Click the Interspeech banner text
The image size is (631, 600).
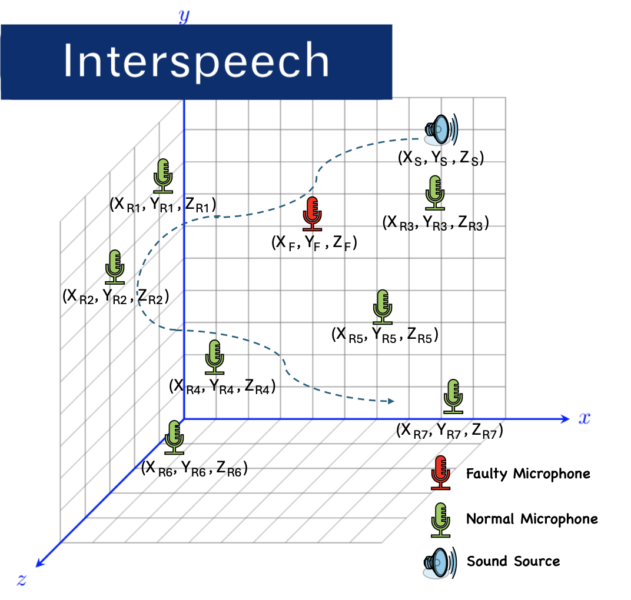pos(195,61)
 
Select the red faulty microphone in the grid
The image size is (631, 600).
pos(313,214)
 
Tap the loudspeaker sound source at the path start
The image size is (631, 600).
pos(440,129)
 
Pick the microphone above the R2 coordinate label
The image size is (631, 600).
pos(115,266)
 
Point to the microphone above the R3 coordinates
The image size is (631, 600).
pos(436,192)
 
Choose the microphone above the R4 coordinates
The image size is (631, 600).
pos(214,356)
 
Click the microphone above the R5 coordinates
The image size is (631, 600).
pos(383,306)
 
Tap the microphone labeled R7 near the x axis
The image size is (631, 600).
pos(453,396)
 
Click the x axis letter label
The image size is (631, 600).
pos(584,418)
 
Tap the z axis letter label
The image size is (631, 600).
pos(21,580)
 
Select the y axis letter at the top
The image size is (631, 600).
pos(184,16)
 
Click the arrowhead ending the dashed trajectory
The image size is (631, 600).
pos(390,402)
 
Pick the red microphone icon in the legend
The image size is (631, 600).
pos(440,473)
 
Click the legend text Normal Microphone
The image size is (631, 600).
pos(532,519)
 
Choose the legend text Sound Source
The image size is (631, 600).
pos(513,561)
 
